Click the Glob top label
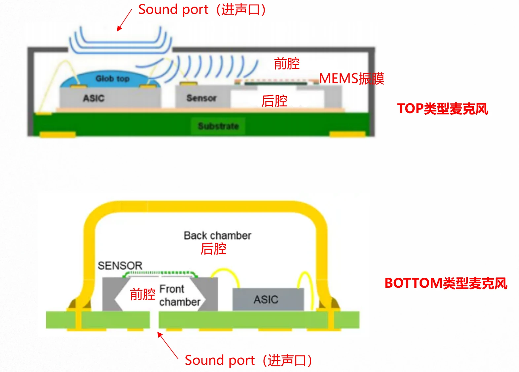click(x=112, y=79)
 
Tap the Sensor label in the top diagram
click(x=201, y=98)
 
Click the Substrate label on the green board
click(x=218, y=126)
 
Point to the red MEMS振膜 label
click(x=352, y=79)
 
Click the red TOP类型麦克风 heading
click(x=442, y=108)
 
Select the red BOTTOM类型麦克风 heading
click(x=446, y=283)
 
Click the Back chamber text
click(x=217, y=235)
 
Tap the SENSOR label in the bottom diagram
click(x=120, y=266)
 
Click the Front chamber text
click(x=179, y=295)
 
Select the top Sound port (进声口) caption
click(x=202, y=10)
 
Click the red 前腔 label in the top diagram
click(x=287, y=63)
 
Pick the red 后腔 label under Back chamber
click(x=213, y=249)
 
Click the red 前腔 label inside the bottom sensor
click(x=142, y=294)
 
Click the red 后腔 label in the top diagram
click(x=274, y=101)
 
